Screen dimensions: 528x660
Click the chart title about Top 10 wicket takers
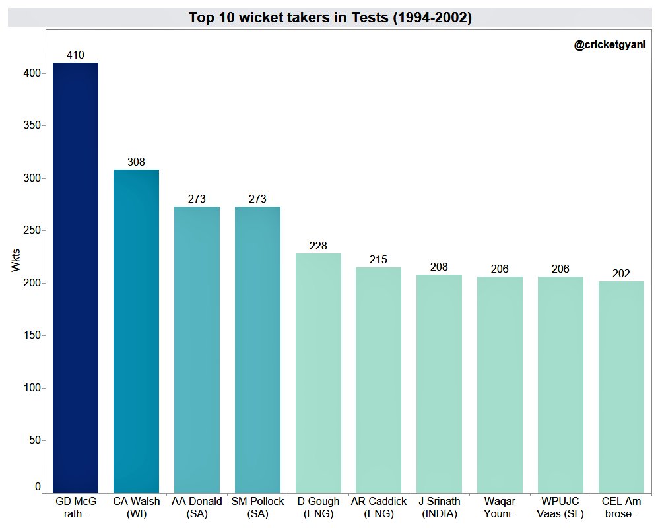[330, 18]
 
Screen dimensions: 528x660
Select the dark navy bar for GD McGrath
[75, 277]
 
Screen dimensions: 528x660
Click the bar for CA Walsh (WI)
[136, 330]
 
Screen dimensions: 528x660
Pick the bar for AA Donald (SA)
[197, 350]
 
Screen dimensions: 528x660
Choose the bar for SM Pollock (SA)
[257, 350]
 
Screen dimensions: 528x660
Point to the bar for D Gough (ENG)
[318, 373]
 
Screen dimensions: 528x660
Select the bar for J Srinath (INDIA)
[439, 383]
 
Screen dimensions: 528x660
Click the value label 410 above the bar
[75, 55]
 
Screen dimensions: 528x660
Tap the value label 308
[136, 162]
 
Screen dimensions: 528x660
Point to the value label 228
[318, 246]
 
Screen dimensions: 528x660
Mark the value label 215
[378, 260]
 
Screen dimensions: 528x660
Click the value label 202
[621, 274]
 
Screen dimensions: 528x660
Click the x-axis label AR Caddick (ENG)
[378, 508]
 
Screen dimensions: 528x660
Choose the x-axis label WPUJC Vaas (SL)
[560, 508]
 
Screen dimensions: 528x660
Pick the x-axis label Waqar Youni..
[500, 508]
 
